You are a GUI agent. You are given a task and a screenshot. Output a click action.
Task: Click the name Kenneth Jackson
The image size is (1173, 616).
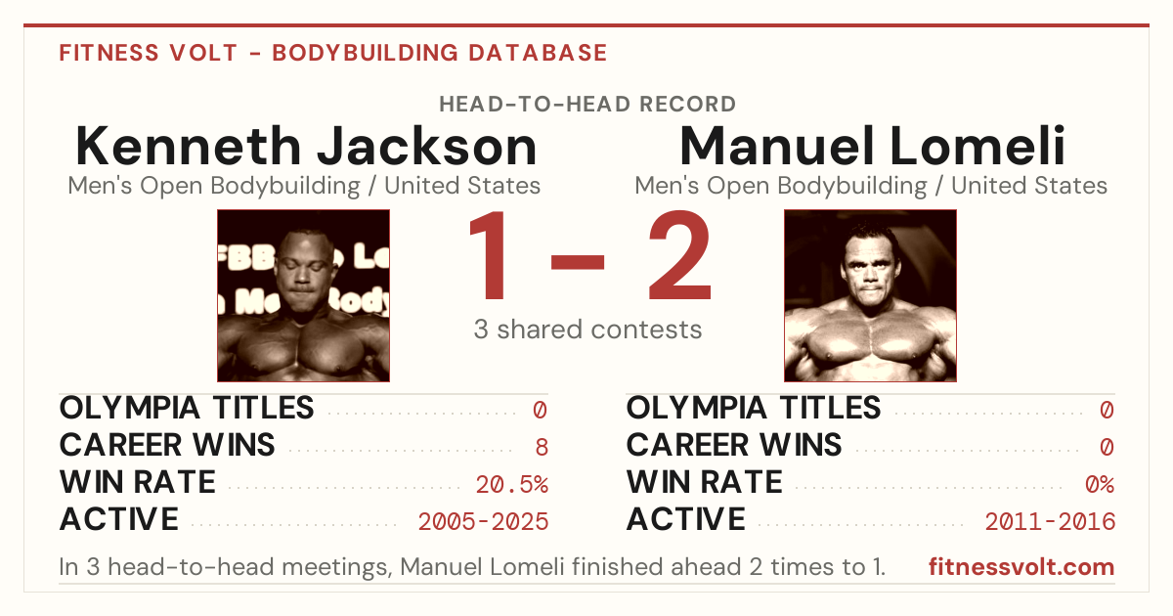(306, 146)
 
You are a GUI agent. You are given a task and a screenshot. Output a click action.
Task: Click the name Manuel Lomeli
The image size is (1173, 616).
(872, 146)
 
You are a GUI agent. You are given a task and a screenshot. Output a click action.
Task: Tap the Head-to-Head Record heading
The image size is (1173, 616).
(587, 105)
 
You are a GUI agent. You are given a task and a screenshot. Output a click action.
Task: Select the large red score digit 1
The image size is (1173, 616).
(488, 254)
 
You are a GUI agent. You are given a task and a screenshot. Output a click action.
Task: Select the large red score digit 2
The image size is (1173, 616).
(680, 254)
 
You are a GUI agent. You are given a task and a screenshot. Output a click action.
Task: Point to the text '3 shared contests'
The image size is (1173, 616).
(587, 330)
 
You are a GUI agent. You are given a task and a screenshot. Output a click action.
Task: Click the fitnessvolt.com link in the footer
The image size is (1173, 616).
(1021, 567)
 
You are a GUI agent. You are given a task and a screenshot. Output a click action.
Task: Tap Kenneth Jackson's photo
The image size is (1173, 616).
(304, 296)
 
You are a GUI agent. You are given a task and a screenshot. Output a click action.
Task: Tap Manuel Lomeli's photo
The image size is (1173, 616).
(870, 296)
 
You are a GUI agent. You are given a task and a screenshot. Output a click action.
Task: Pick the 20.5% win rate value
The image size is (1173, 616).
(512, 485)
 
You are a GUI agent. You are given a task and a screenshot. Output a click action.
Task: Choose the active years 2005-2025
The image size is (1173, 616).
(483, 522)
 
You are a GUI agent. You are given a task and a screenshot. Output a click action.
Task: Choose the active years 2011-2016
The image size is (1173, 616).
(1050, 522)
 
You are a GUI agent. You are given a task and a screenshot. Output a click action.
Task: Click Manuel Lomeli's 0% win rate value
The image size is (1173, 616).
(1100, 485)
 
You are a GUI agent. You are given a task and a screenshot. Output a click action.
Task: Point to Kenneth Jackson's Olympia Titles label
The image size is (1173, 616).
(187, 409)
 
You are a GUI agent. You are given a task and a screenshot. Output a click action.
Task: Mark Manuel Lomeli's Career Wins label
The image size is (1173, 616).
(734, 445)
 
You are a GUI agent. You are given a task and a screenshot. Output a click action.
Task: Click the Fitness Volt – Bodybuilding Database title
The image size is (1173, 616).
(333, 53)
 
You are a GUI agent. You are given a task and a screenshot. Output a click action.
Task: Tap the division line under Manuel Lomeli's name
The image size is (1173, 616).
(871, 186)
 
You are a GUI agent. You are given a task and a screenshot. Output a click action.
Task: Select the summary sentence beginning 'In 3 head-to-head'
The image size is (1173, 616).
(472, 567)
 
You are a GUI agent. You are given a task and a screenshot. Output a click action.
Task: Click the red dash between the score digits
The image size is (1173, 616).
(578, 262)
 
